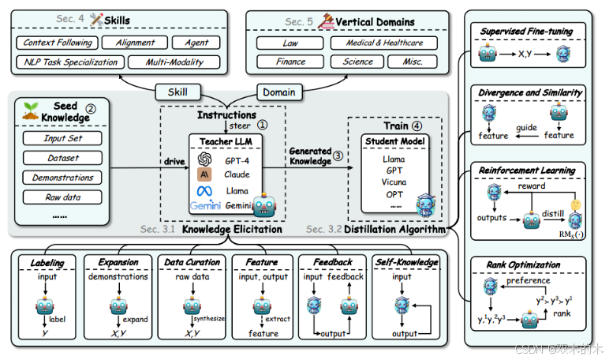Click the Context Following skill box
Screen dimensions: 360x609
(x=58, y=43)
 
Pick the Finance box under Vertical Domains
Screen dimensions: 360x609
(x=291, y=61)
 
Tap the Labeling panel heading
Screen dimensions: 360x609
(x=48, y=261)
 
